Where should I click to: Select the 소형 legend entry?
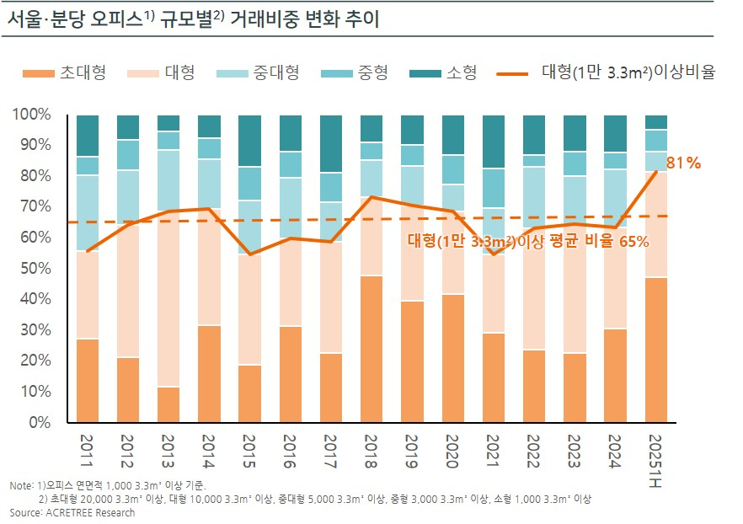443,72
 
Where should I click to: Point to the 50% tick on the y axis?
35,268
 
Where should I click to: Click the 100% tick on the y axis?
31,115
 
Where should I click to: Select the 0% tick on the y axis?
39,422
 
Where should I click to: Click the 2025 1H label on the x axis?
656,456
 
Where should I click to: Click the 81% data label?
683,163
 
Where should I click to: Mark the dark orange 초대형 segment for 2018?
371,349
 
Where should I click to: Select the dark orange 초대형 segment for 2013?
168,404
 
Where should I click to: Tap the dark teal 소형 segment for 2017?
331,144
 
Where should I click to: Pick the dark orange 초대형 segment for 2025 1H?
656,350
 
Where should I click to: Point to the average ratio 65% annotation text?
528,242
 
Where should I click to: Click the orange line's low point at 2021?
494,254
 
